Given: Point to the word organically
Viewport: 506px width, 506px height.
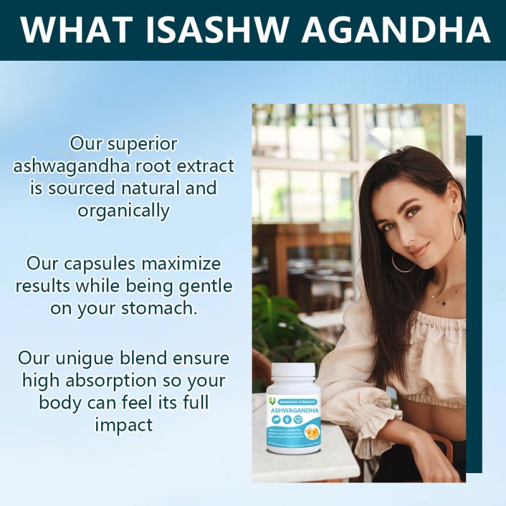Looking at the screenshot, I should coord(124,210).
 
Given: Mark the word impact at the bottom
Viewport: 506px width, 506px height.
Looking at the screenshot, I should coord(124,424).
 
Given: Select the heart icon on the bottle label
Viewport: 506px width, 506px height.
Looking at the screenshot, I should coord(298,420).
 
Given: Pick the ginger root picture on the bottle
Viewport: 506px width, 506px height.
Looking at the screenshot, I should coord(312,431).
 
